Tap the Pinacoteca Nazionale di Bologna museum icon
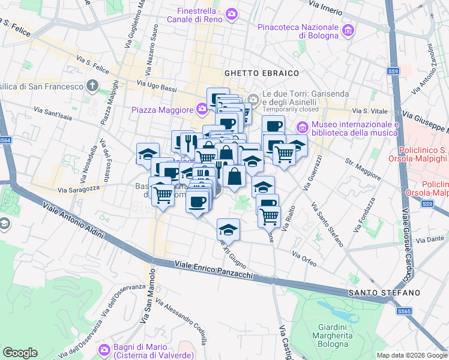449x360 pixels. pyautogui.click(x=347, y=30)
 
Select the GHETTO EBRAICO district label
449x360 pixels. pyautogui.click(x=262, y=73)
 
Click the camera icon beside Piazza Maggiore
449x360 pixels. pyautogui.click(x=201, y=109)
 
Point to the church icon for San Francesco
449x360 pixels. pyautogui.click(x=92, y=86)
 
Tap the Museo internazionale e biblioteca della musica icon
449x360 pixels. pyautogui.click(x=302, y=127)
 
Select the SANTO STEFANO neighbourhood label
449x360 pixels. pyautogui.click(x=383, y=292)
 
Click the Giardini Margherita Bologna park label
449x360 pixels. pyautogui.click(x=332, y=335)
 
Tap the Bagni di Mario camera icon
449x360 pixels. pyautogui.click(x=104, y=349)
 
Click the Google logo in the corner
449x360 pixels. pyautogui.click(x=20, y=353)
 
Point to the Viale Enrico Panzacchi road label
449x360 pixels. pyautogui.click(x=214, y=270)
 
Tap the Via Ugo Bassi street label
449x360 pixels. pyautogui.click(x=157, y=86)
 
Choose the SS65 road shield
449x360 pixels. pyautogui.click(x=405, y=311)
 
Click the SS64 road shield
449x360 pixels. pyautogui.click(x=4, y=140)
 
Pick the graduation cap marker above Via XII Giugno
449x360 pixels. pyautogui.click(x=228, y=230)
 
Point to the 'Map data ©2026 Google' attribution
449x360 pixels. pyautogui.click(x=411, y=355)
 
